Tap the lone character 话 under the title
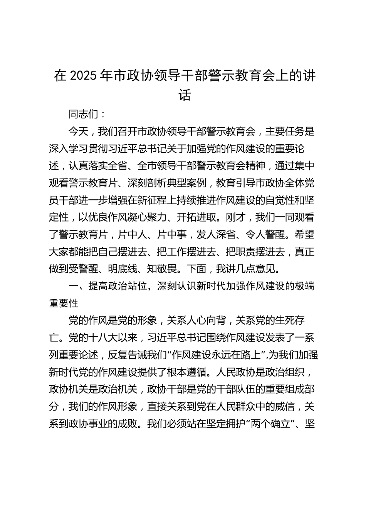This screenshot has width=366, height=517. click(x=185, y=95)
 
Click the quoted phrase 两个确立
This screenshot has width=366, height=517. click(x=270, y=424)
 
